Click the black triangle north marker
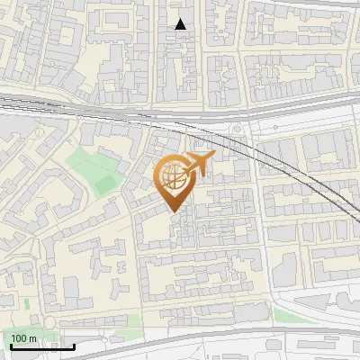pos(181,24)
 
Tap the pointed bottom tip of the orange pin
pos(174,211)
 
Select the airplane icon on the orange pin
pos(200,164)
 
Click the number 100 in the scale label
pos(20,338)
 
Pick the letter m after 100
pos(32,338)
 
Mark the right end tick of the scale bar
pos(74,345)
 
